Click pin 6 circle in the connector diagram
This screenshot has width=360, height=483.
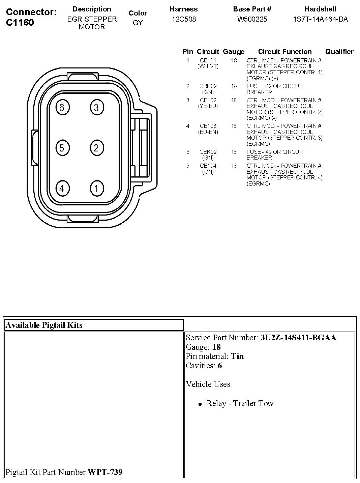pyautogui.click(x=62, y=108)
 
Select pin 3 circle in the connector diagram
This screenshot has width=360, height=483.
pyautogui.click(x=96, y=108)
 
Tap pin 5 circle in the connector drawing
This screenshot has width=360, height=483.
pyautogui.click(x=62, y=148)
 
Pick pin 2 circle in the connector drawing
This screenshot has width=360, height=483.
pyautogui.click(x=96, y=148)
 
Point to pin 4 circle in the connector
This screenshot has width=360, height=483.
pyautogui.click(x=62, y=188)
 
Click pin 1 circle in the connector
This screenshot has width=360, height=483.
pyautogui.click(x=96, y=188)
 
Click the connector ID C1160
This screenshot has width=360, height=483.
pyautogui.click(x=20, y=23)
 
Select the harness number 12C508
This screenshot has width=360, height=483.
pyautogui.click(x=184, y=19)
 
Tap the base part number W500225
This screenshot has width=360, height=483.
pyautogui.click(x=252, y=19)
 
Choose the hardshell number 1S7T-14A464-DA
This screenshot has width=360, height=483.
pyautogui.click(x=320, y=19)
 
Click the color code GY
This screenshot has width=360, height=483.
pyautogui.click(x=138, y=23)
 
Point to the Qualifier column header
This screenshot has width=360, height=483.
pyautogui.click(x=339, y=52)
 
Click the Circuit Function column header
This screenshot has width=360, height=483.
pyautogui.click(x=285, y=52)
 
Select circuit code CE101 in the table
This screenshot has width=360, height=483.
pyautogui.click(x=208, y=61)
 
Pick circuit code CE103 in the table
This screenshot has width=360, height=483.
pyautogui.click(x=208, y=126)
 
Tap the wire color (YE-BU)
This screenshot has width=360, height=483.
pyautogui.click(x=208, y=106)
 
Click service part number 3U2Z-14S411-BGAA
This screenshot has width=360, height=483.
pyautogui.click(x=298, y=338)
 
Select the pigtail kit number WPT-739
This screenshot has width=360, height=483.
pyautogui.click(x=105, y=472)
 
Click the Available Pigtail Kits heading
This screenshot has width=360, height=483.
pyautogui.click(x=44, y=325)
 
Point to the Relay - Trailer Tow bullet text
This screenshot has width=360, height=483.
pyautogui.click(x=240, y=403)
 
